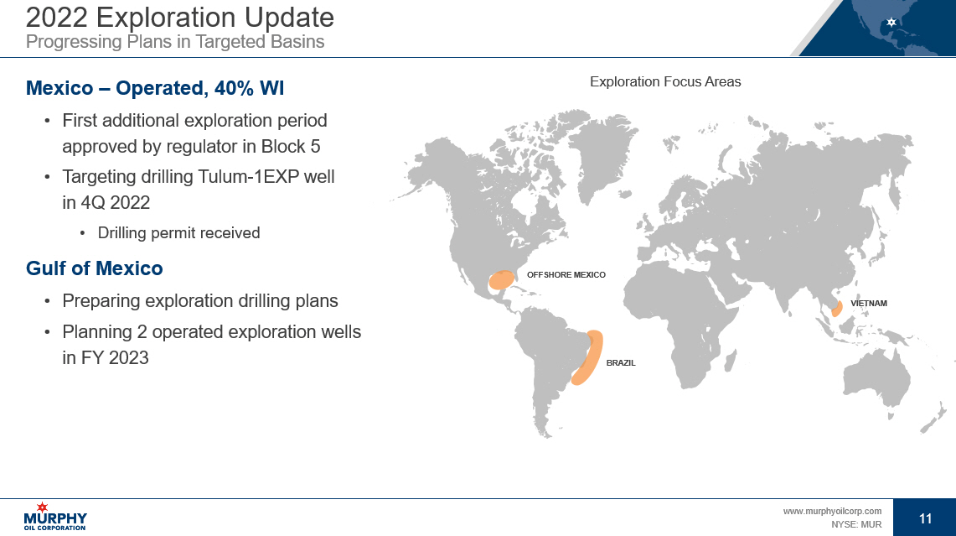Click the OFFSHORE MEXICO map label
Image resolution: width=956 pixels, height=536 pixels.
pos(566,275)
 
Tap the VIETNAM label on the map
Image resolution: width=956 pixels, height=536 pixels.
pos(869,304)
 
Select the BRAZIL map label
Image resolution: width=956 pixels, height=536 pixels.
pos(621,362)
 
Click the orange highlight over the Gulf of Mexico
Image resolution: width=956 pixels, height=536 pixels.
pos(502,280)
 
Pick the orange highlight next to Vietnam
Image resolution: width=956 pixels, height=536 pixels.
pos(837,309)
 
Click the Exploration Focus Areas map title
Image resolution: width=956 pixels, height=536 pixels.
pos(665,82)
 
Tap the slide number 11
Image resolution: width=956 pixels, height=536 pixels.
pos(925,518)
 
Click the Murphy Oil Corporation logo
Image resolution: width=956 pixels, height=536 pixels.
pos(54,517)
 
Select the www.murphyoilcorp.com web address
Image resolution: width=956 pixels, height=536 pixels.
pos(832,511)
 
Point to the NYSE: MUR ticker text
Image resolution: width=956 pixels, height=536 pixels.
pos(856,524)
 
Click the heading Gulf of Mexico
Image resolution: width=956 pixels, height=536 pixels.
pos(95,268)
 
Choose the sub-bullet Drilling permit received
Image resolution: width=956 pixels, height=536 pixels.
pos(178,232)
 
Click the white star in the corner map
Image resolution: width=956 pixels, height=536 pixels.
pos(891,22)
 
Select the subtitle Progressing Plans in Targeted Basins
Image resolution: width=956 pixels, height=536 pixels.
pos(175,41)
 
